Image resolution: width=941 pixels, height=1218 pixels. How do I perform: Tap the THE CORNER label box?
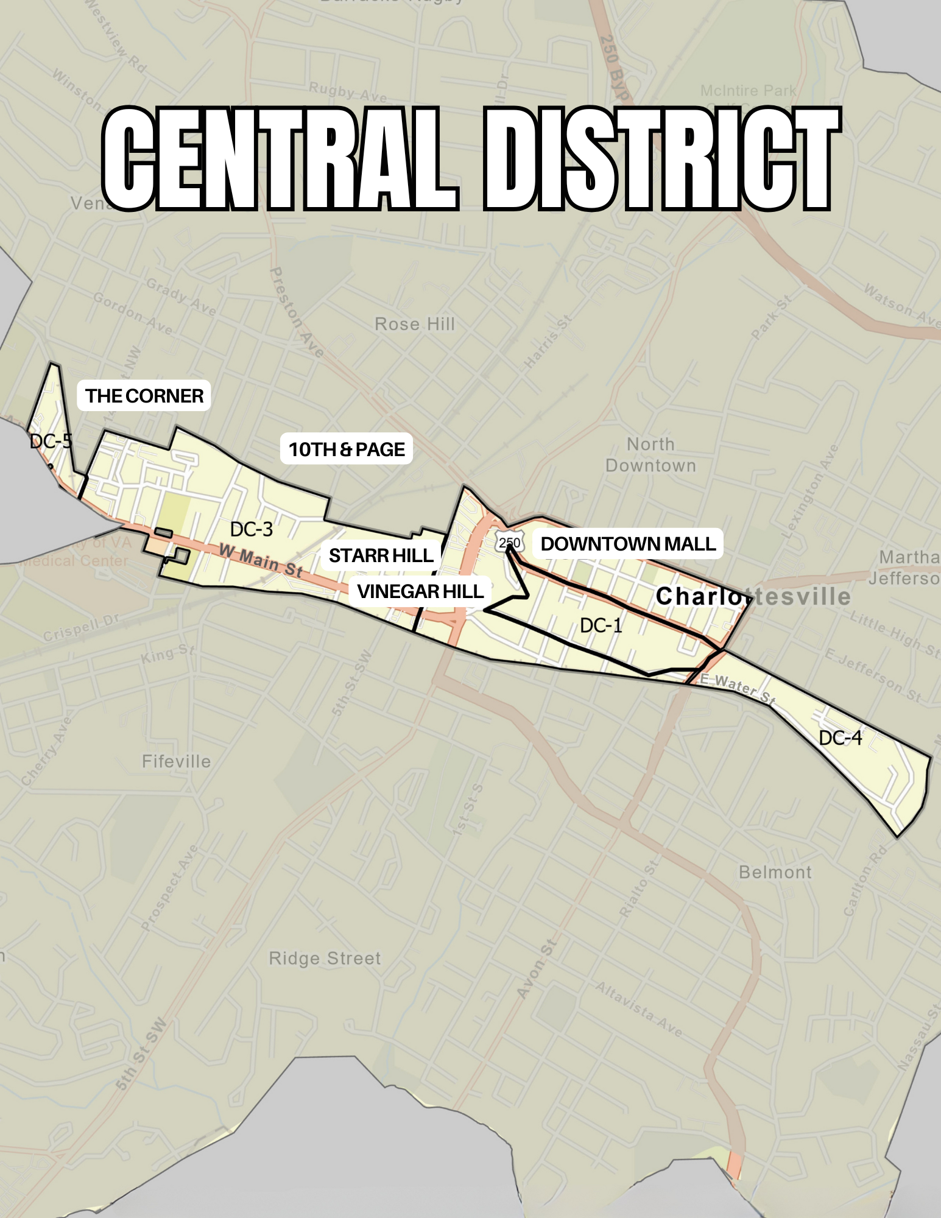click(x=144, y=396)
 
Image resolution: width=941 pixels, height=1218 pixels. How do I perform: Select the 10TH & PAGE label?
click(x=346, y=449)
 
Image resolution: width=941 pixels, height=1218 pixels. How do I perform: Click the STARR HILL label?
click(x=381, y=555)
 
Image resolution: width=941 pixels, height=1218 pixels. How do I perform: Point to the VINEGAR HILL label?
click(x=420, y=591)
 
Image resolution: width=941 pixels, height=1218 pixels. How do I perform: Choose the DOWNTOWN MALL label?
click(x=628, y=544)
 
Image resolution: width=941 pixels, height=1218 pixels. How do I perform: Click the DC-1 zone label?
click(x=601, y=625)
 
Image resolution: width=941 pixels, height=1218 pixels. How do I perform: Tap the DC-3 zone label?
click(x=251, y=529)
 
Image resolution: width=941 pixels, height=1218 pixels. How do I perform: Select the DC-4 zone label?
click(x=840, y=738)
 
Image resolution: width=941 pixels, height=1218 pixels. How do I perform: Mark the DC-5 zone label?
click(x=51, y=441)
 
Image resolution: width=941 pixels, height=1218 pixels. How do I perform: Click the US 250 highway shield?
click(x=509, y=543)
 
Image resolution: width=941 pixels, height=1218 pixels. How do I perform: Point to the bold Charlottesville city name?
click(x=753, y=597)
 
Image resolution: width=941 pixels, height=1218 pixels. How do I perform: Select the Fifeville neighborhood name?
click(x=176, y=761)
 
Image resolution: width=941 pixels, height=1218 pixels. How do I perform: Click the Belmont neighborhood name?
click(x=775, y=872)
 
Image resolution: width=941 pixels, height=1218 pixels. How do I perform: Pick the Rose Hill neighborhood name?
click(x=415, y=324)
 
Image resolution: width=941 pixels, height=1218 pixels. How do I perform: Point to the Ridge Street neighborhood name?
click(x=325, y=959)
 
